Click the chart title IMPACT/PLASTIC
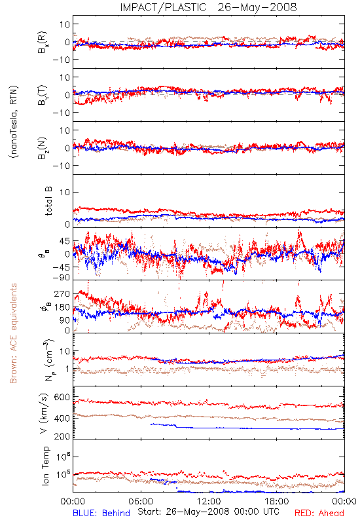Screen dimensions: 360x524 [163, 7]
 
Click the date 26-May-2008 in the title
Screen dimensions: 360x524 [257, 7]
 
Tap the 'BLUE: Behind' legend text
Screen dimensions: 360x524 [101, 513]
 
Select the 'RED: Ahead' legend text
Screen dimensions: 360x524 [319, 513]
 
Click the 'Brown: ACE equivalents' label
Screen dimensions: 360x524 [13, 333]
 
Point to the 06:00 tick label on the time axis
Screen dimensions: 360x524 [141, 501]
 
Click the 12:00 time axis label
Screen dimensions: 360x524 [209, 501]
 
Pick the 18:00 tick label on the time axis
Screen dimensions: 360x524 [277, 501]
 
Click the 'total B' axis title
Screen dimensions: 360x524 [48, 201]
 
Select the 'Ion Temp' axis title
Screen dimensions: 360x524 [46, 466]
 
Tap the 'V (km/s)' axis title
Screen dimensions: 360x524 [45, 413]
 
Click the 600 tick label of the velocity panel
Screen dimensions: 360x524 [62, 397]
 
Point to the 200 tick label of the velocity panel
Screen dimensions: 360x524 [62, 436]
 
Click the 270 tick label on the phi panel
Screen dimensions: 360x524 [62, 293]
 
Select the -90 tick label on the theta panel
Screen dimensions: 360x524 [61, 277]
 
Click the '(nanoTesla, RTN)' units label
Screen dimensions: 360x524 [14, 122]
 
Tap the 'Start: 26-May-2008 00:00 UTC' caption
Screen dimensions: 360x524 [208, 512]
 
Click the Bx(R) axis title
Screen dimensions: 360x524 [43, 42]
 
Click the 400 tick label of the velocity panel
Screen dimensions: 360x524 [62, 418]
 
